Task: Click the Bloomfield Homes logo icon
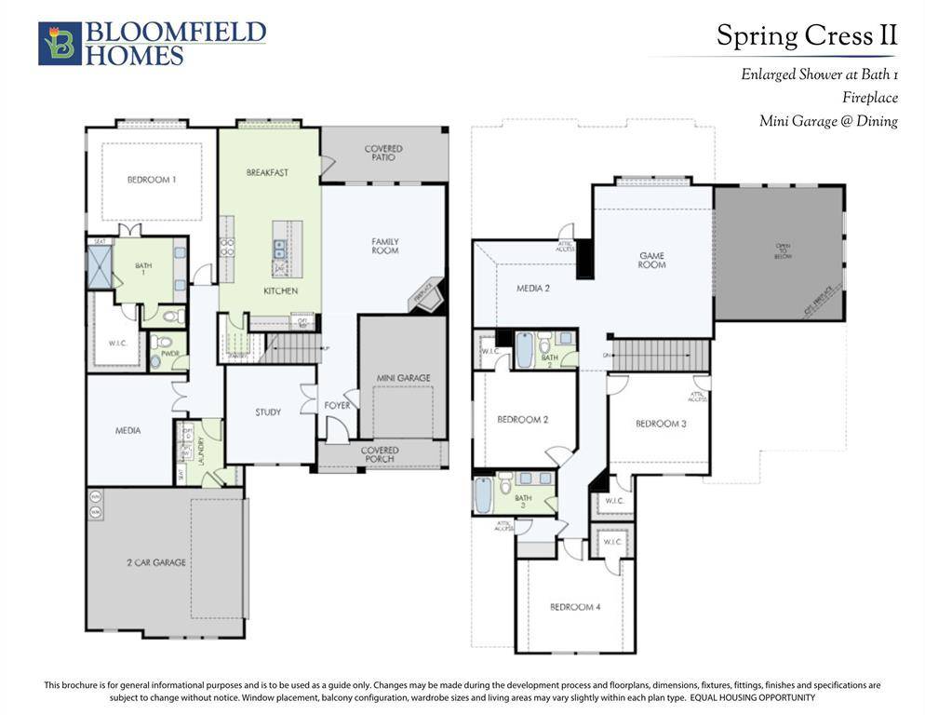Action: pos(60,44)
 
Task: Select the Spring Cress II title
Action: pos(806,35)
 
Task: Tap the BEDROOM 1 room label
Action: pos(152,180)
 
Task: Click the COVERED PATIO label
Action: pos(383,154)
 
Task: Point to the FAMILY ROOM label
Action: pos(384,246)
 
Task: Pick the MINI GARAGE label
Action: pos(403,378)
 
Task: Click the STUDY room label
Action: pos(268,412)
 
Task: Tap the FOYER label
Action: pos(337,406)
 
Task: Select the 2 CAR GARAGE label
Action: pos(157,562)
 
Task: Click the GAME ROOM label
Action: pos(651,260)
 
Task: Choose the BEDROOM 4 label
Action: pos(575,607)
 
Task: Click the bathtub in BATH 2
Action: pos(524,351)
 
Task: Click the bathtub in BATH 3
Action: pos(484,494)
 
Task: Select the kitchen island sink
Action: pos(279,249)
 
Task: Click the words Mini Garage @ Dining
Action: pos(828,121)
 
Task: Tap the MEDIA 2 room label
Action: pos(533,289)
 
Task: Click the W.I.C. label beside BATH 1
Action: pos(117,343)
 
